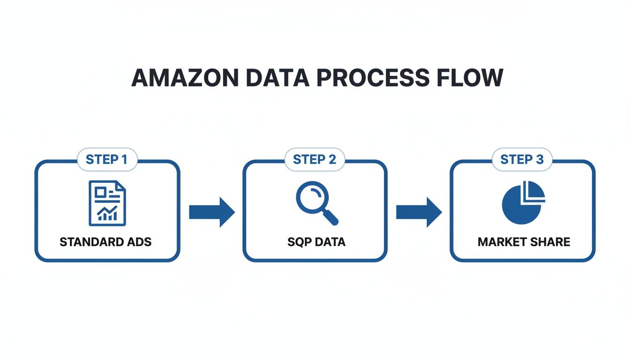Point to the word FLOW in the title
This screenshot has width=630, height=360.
(x=469, y=78)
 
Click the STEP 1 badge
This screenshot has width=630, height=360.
(x=106, y=159)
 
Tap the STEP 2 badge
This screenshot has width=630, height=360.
(x=315, y=159)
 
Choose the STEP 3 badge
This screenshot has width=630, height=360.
(x=522, y=159)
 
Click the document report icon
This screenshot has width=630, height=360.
(x=107, y=203)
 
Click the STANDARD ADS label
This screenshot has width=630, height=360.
(x=106, y=242)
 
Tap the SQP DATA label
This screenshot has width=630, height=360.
(x=316, y=242)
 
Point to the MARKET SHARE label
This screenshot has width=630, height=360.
(x=524, y=242)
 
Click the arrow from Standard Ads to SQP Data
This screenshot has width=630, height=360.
(x=211, y=212)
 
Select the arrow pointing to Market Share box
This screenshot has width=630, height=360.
(x=419, y=212)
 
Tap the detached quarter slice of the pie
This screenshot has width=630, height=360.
(x=534, y=191)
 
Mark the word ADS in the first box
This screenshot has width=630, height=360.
(x=140, y=242)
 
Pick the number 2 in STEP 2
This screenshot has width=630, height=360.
(x=332, y=159)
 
